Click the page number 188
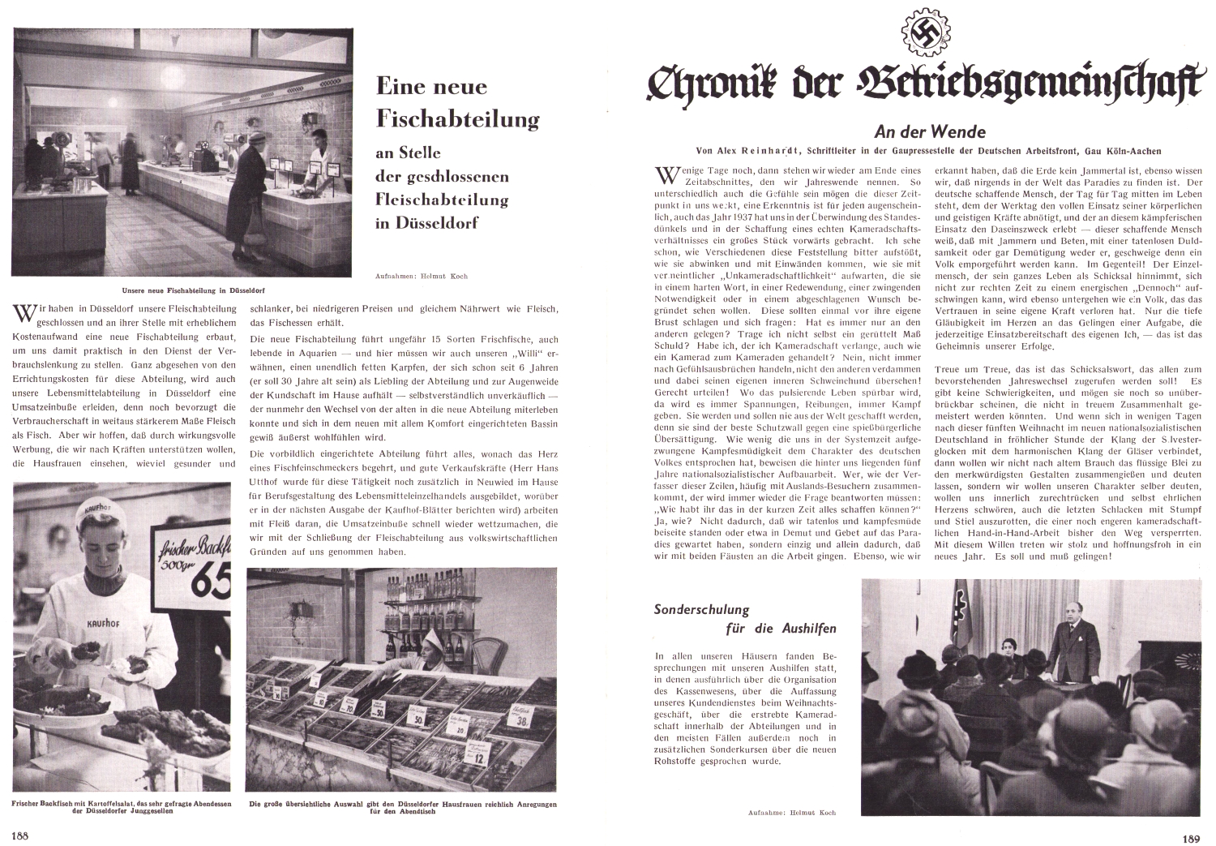19,835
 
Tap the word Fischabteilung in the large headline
458,119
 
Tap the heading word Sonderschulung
701,609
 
